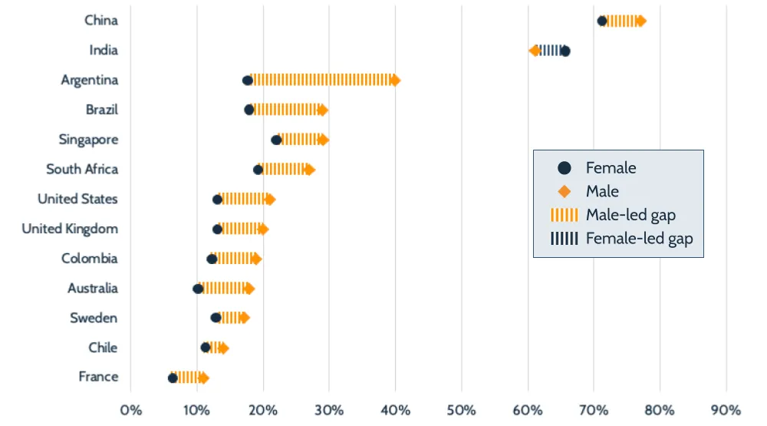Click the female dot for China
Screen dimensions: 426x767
tap(602, 21)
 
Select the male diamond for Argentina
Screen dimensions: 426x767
tap(395, 80)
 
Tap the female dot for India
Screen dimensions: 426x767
tap(565, 51)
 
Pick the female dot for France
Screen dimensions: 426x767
tap(173, 378)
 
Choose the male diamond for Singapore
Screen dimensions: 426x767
tap(323, 140)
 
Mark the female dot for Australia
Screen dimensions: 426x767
tap(198, 289)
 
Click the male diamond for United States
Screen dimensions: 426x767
tap(269, 200)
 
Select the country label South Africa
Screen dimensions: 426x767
tap(82, 170)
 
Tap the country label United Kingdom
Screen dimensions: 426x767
tap(70, 229)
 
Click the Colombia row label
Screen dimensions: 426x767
tap(90, 259)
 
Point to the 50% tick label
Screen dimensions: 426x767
tap(462, 408)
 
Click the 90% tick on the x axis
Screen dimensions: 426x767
tap(726, 408)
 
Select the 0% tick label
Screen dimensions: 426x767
tap(131, 408)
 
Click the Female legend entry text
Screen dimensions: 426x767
tap(611, 168)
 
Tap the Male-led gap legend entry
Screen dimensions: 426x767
tap(630, 215)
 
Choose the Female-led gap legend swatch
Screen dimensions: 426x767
tap(565, 239)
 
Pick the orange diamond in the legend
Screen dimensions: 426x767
tap(565, 191)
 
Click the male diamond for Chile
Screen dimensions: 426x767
tap(223, 348)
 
